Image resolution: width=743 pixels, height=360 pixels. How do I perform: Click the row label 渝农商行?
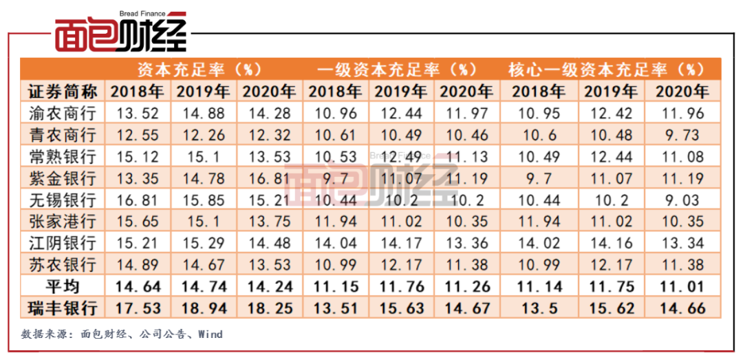pyautogui.click(x=63, y=112)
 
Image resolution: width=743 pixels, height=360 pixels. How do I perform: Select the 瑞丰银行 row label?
pyautogui.click(x=63, y=307)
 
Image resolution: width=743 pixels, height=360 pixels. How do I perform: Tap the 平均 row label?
pyautogui.click(x=63, y=285)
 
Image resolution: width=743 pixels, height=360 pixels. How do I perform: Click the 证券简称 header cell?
pyautogui.click(x=63, y=91)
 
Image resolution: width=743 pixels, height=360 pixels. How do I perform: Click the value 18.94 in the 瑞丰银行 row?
pyautogui.click(x=203, y=307)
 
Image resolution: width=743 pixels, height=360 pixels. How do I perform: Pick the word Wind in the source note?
pyautogui.click(x=210, y=335)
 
